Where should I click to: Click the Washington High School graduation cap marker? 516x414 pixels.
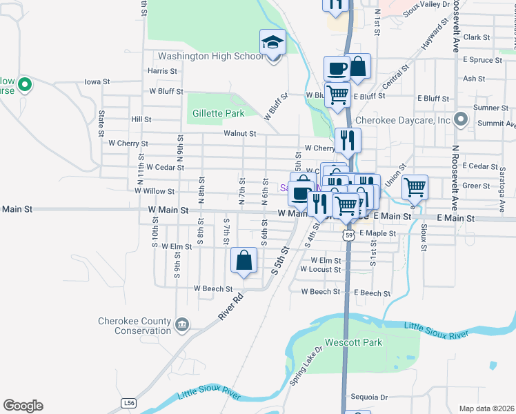[x=272, y=42]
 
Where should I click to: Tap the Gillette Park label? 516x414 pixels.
[x=219, y=113]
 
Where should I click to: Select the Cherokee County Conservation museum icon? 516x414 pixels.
[x=182, y=324]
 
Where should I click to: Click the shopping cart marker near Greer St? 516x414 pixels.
[x=415, y=187]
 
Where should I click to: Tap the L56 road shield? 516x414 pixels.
[x=128, y=402]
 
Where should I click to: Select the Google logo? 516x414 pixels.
[x=23, y=406]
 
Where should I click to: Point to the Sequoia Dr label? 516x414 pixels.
[x=370, y=397]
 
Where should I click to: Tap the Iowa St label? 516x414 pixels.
[x=97, y=81]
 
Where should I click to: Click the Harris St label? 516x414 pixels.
[x=163, y=71]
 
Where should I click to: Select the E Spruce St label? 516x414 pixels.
[x=483, y=60]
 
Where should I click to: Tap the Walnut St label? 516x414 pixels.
[x=239, y=134]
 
